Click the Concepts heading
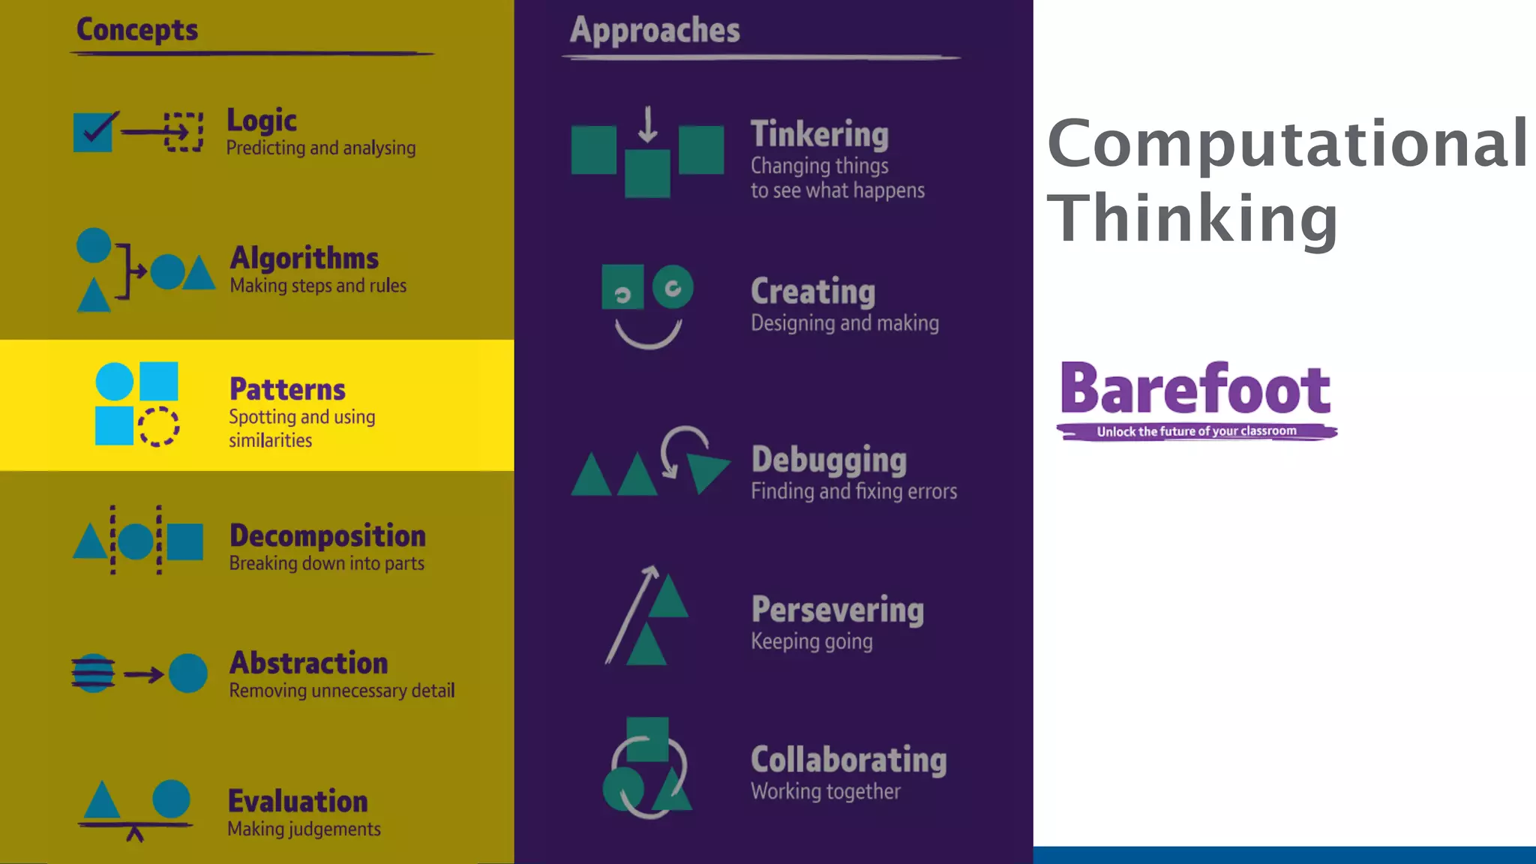pos(137,31)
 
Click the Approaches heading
pos(655,31)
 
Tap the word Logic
pos(262,121)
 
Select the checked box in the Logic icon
pos(94,132)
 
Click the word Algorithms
pos(304,258)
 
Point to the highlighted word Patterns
pos(287,389)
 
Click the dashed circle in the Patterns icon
pos(159,427)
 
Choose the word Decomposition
pos(327,535)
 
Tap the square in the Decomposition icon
pos(184,541)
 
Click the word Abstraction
pos(308,663)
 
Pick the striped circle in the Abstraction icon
pos(93,673)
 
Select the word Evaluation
pos(298,801)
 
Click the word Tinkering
pos(820,135)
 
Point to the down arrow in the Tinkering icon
pos(648,124)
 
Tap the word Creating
pos(813,292)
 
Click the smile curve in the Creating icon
pos(648,337)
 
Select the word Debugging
pos(829,460)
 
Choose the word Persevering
pos(837,610)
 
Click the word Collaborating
pos(848,760)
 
